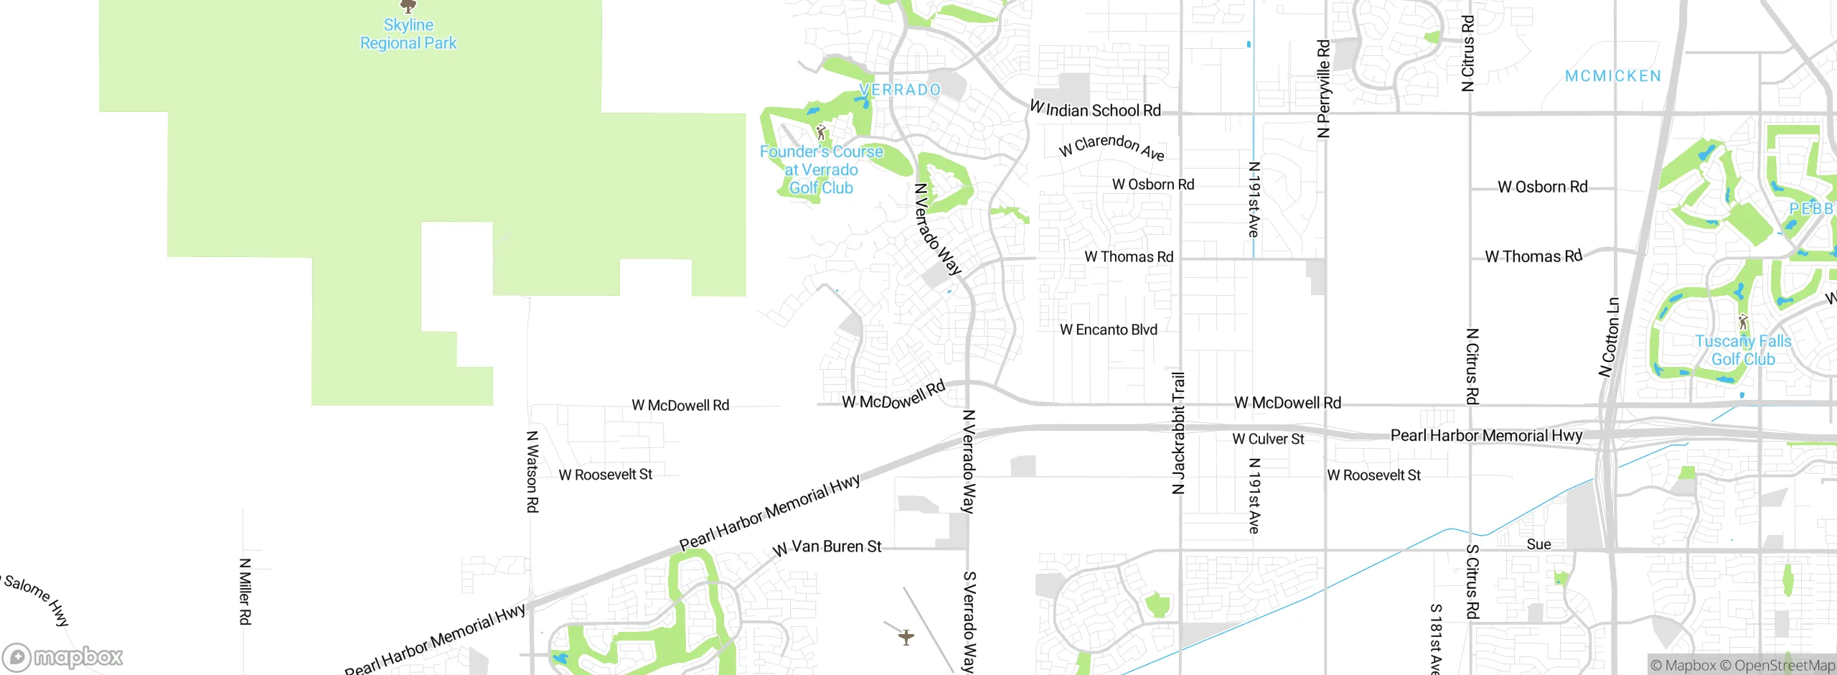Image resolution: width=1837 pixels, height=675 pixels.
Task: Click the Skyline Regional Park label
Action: pos(408,34)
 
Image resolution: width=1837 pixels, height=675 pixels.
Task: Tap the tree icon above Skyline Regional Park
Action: pos(408,6)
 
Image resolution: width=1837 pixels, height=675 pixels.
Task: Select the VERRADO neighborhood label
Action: pos(900,90)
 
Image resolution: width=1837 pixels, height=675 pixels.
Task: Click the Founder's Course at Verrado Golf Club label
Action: pos(821,170)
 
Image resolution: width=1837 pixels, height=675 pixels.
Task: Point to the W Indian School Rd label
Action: pos(1095,109)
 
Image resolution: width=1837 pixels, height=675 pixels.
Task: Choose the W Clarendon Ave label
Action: pos(1112,146)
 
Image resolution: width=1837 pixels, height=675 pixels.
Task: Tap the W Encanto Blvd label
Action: pos(1109,330)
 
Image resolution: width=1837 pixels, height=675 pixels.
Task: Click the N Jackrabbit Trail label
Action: pos(1178,433)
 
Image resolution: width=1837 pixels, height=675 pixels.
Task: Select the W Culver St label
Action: pos(1268,439)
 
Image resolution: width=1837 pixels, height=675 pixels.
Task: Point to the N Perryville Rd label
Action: pos(1324,88)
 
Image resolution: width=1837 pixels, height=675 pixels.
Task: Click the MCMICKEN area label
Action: pos(1613,76)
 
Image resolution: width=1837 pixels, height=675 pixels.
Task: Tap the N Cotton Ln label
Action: pos(1610,337)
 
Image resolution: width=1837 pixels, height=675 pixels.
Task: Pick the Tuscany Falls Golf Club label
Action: pos(1743,350)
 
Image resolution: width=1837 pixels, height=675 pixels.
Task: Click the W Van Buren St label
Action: pos(827,547)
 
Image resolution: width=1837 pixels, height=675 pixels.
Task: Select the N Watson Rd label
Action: pos(532,472)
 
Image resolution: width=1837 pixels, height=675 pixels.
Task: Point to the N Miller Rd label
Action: pos(245,592)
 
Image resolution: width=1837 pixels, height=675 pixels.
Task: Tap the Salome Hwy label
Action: pos(37,600)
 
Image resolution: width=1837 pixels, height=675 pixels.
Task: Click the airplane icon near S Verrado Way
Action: pos(906,637)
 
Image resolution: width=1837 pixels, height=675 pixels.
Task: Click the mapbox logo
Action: pos(63,656)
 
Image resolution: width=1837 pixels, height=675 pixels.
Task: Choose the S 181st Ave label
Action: pos(1435,638)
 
